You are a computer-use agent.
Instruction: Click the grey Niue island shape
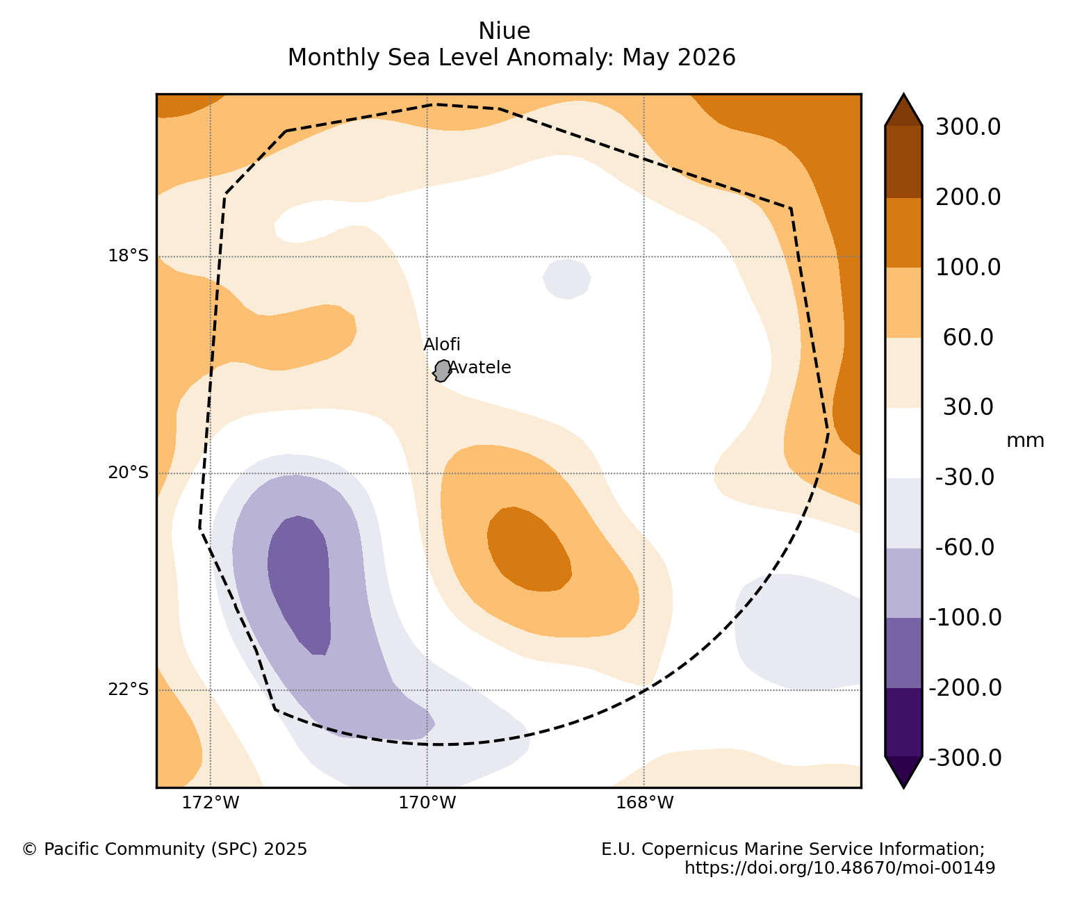[441, 371]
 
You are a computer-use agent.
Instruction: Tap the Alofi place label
[441, 344]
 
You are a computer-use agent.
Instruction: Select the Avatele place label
[479, 367]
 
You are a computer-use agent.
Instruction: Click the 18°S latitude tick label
[128, 255]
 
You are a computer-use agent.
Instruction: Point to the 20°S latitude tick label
[128, 473]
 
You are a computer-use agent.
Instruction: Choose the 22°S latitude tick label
[128, 689]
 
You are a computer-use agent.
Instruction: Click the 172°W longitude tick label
[211, 803]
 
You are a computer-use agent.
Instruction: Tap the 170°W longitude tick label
[427, 803]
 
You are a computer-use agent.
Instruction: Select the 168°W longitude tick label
[644, 803]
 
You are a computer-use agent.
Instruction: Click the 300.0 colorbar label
[968, 126]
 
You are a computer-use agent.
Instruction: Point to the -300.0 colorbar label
[965, 758]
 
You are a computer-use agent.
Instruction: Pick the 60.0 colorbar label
[968, 337]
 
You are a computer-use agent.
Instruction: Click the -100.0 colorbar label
[965, 618]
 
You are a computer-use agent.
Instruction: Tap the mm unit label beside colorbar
[1024, 441]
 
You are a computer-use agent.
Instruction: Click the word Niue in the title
[504, 31]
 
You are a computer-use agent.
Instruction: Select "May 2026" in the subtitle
[678, 57]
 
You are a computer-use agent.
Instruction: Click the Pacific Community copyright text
[165, 849]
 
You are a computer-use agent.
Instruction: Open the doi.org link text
[840, 868]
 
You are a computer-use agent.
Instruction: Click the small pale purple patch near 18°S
[566, 279]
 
